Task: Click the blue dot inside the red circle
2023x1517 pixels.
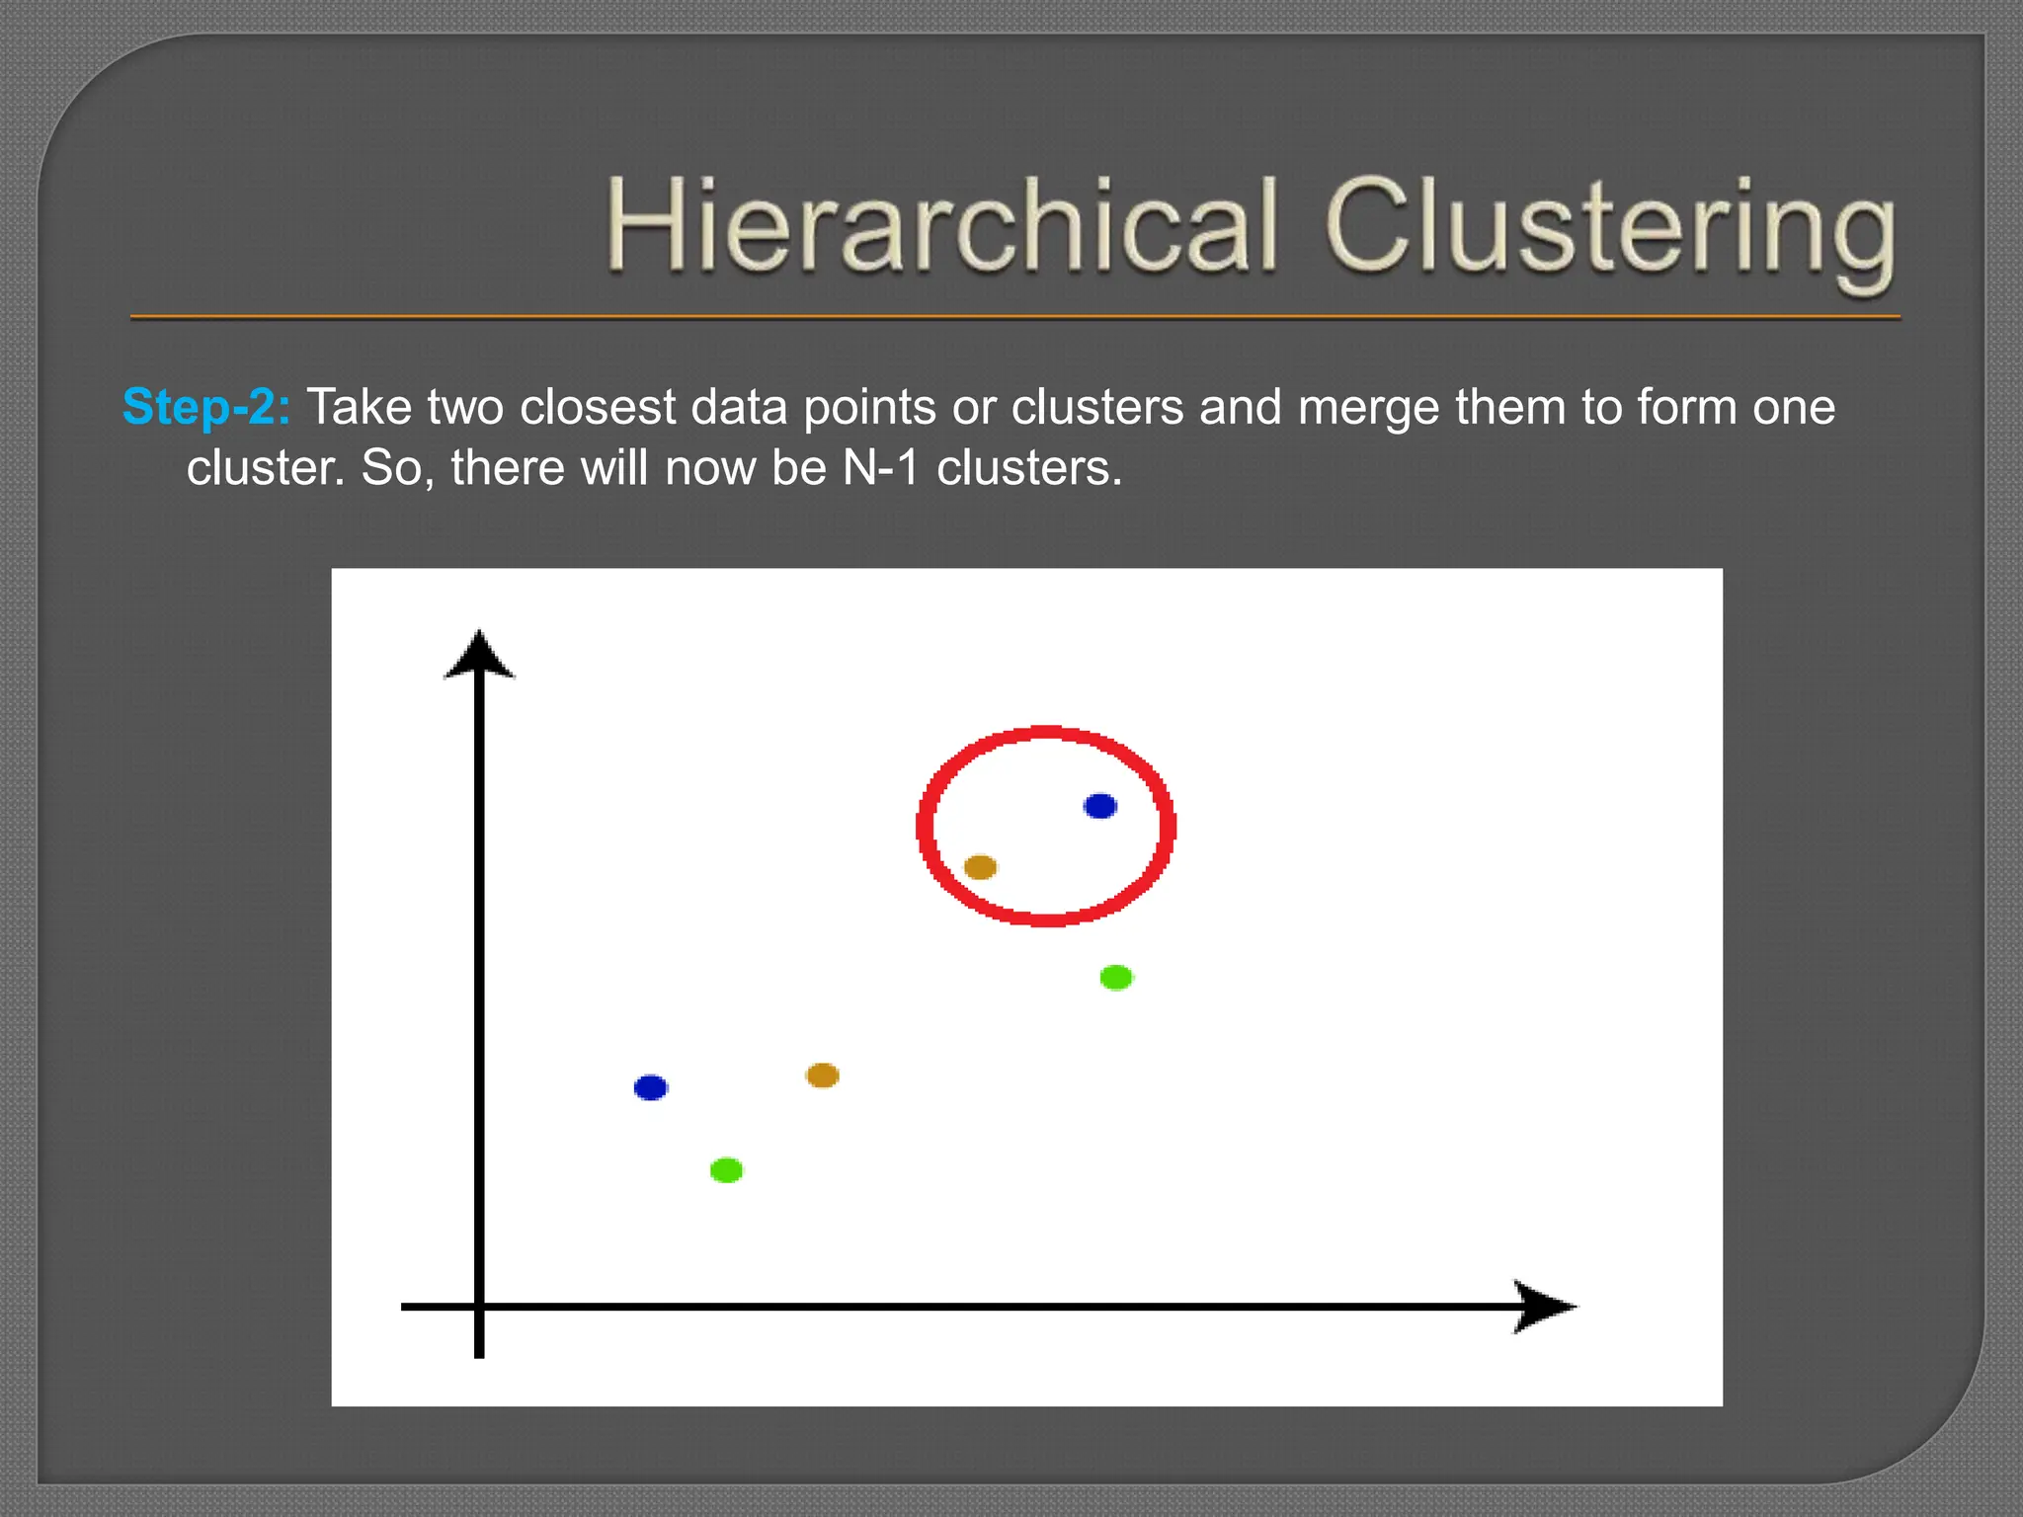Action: click(1099, 806)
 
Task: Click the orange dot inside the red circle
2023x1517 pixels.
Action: click(980, 867)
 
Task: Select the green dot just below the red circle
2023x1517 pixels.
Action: click(1116, 977)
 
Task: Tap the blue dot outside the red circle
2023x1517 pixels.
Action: click(650, 1087)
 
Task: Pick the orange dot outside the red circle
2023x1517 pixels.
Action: click(822, 1075)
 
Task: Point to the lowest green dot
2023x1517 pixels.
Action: click(726, 1170)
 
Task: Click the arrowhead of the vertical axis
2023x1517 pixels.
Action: click(479, 656)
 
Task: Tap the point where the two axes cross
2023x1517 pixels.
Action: click(479, 1307)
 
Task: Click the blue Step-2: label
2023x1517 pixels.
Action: click(205, 407)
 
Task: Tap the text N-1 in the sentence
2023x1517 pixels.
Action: click(880, 468)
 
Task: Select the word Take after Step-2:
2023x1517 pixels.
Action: click(359, 407)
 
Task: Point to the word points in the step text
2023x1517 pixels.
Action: click(869, 407)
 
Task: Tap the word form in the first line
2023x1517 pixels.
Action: click(1686, 407)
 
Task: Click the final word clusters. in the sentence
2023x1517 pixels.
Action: click(1028, 468)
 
